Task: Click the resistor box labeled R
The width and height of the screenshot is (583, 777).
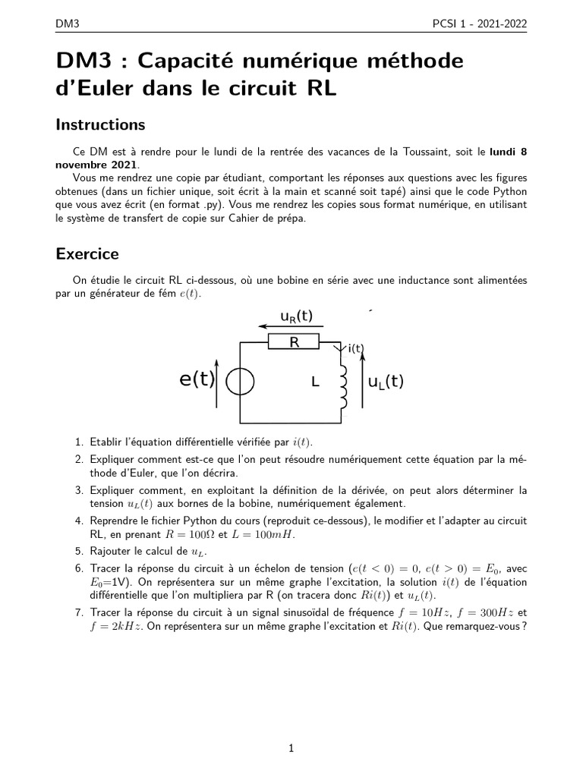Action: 294,343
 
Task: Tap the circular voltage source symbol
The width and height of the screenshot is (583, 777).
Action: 241,382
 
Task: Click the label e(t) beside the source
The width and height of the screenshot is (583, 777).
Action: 197,380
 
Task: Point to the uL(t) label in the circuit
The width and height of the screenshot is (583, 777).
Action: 386,382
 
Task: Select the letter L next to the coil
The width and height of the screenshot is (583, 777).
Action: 315,383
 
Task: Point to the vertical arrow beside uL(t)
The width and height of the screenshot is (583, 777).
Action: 361,383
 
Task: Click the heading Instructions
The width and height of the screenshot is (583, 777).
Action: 100,124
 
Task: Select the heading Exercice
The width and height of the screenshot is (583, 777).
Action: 87,253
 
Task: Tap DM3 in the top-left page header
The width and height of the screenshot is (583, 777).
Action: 68,24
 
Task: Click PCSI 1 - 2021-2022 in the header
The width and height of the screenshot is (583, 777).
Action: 478,24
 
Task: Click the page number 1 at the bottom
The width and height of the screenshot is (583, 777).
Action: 291,749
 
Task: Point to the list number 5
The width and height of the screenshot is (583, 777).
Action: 79,552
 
